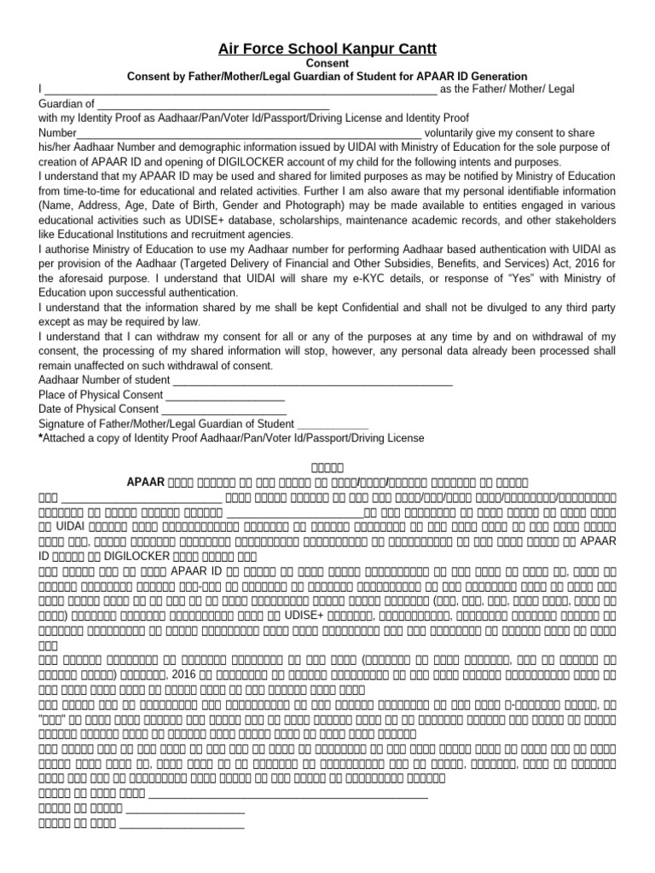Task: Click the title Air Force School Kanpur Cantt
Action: point(327,49)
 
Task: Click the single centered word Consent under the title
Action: point(327,64)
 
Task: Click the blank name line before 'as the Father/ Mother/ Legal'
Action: point(240,90)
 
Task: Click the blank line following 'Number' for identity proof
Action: point(249,134)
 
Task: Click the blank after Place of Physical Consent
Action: point(225,396)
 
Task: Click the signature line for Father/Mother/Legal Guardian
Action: point(333,425)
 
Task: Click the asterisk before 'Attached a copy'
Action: point(41,436)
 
